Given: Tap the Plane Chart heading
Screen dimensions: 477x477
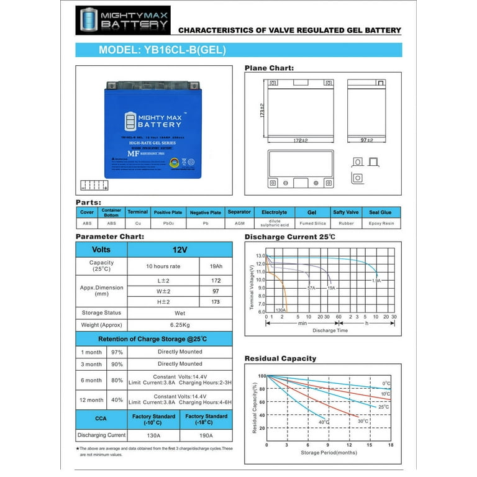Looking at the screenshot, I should coord(269,68).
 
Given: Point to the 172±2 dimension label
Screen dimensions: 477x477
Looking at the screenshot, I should coord(301,140).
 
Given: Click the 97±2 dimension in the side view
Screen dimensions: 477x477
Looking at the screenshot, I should coord(366,140).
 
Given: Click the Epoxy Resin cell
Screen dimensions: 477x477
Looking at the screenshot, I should coord(381,223).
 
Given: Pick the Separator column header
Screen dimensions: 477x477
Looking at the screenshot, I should coord(239,212).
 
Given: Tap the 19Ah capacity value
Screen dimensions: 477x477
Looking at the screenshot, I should coord(216,266).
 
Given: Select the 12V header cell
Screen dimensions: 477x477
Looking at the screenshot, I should coord(179,249).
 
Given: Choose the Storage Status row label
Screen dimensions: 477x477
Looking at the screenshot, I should coord(101,312).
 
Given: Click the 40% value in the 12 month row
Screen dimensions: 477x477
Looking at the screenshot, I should coord(116,400).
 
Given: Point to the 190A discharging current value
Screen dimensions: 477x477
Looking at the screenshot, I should coord(206,435).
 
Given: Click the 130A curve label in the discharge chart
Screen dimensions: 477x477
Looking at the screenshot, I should coord(280,309).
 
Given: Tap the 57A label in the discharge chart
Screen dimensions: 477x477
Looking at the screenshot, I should coord(311,288).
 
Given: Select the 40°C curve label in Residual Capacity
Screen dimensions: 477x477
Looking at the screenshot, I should coord(324,422).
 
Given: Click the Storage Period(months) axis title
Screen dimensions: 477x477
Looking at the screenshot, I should coord(328,453).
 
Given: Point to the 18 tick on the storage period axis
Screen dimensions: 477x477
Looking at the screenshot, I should coord(391,445).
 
